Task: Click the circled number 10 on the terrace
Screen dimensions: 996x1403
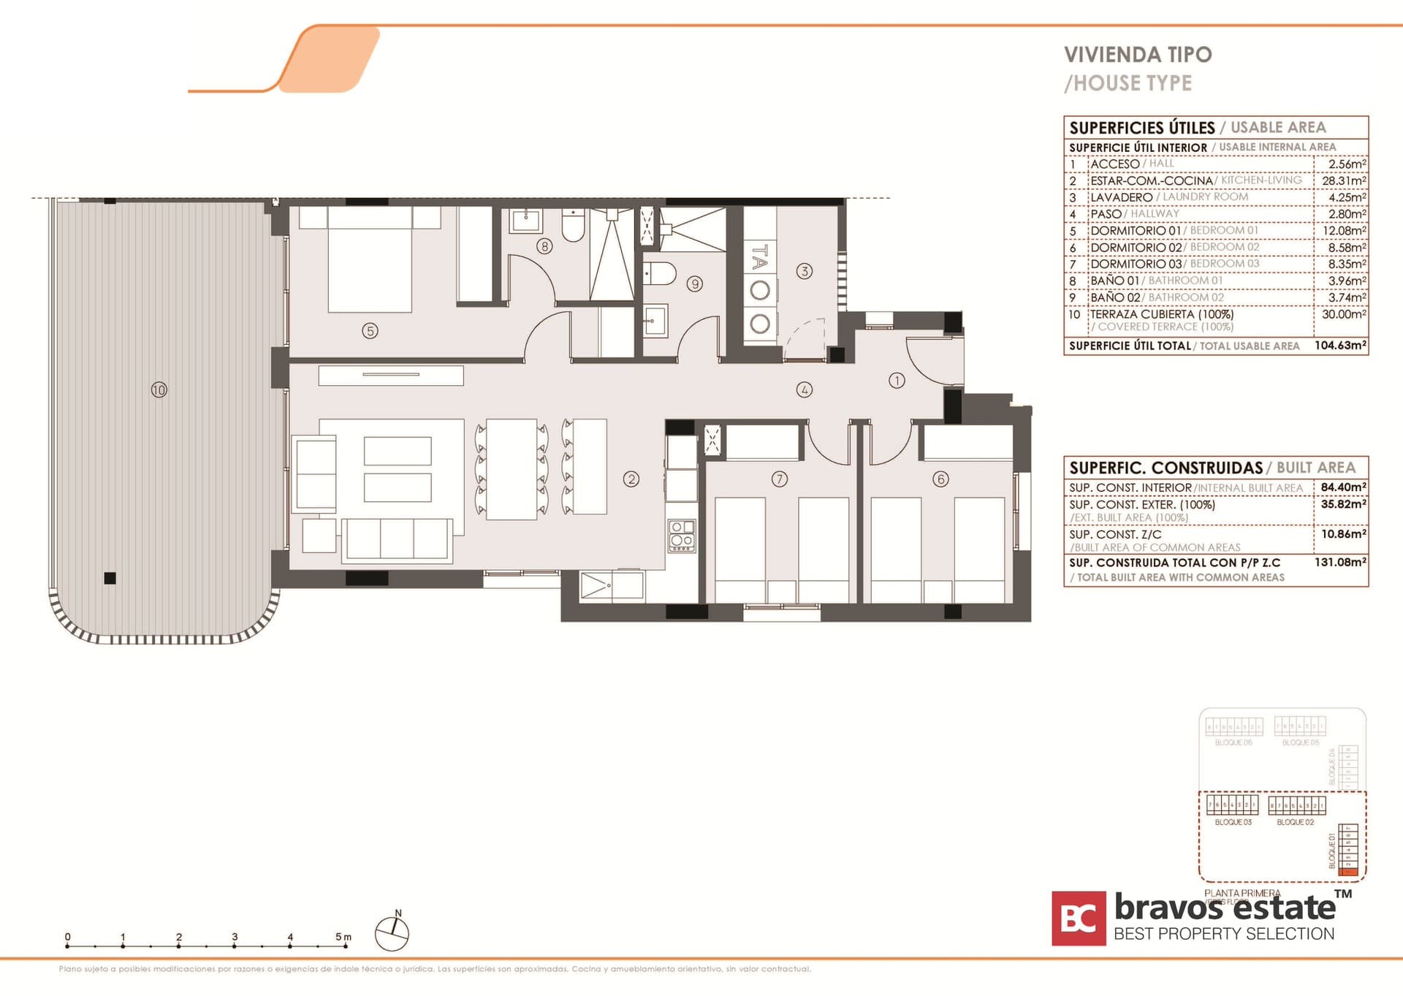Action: click(x=159, y=389)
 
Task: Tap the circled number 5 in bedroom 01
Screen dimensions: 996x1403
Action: click(x=370, y=331)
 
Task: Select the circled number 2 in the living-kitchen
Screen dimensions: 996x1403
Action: click(x=631, y=479)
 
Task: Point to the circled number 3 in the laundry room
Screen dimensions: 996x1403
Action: click(x=804, y=271)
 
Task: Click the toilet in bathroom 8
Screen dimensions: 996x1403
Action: click(x=574, y=226)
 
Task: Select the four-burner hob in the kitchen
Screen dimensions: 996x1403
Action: click(x=681, y=535)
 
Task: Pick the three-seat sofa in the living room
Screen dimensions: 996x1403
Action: click(x=397, y=539)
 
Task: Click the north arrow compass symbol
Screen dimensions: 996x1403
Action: click(x=392, y=933)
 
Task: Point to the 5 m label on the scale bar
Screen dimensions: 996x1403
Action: click(x=343, y=936)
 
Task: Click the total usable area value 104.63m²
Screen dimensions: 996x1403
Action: click(x=1339, y=345)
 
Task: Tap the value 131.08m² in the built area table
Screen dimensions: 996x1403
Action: click(x=1339, y=562)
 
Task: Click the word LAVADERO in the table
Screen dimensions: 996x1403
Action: click(x=1121, y=197)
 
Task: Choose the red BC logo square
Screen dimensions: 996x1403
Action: click(x=1079, y=918)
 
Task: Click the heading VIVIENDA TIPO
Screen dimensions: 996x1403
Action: click(x=1137, y=55)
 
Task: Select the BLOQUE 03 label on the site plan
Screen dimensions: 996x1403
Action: click(x=1233, y=822)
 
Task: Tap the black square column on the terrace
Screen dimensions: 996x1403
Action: click(x=110, y=578)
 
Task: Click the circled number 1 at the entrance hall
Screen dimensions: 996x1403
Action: click(x=897, y=380)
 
